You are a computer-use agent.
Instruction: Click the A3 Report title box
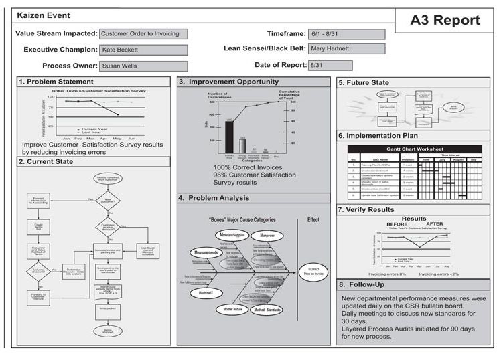pos(445,21)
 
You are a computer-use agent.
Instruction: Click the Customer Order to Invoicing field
pos(143,33)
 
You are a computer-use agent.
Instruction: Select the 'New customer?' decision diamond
pos(107,199)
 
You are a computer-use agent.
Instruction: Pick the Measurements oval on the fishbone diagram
pos(206,252)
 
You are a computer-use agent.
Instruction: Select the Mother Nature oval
pos(229,310)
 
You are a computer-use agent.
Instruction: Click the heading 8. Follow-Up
pos(366,284)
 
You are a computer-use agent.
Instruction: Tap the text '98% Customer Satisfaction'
pos(255,175)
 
